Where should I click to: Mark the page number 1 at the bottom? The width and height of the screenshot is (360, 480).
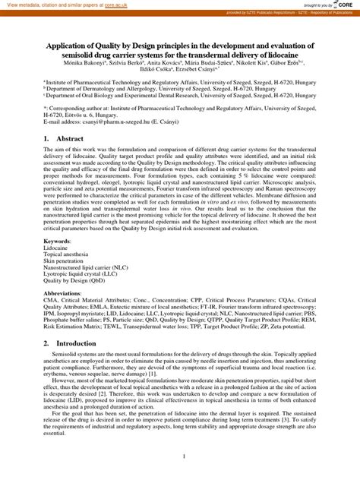[180, 457]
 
